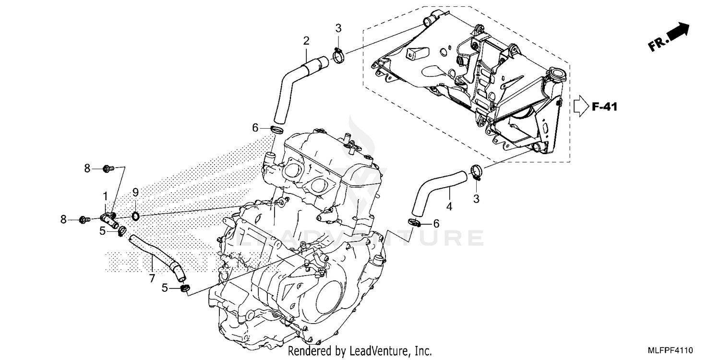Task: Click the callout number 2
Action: coord(306,41)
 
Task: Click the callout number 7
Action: coord(152,277)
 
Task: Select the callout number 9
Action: coord(135,192)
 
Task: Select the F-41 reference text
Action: coord(603,107)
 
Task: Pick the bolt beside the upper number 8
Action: coord(108,168)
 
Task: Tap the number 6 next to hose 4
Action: coord(436,223)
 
